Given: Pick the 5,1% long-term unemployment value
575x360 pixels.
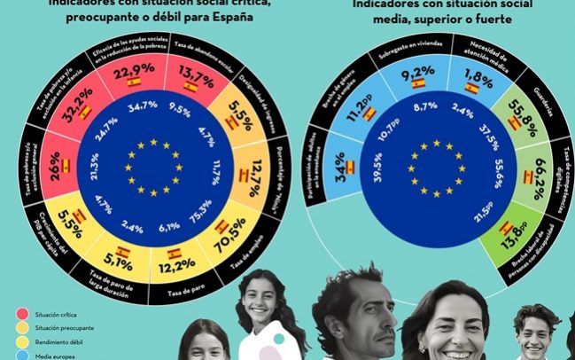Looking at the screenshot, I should (x=118, y=262).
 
